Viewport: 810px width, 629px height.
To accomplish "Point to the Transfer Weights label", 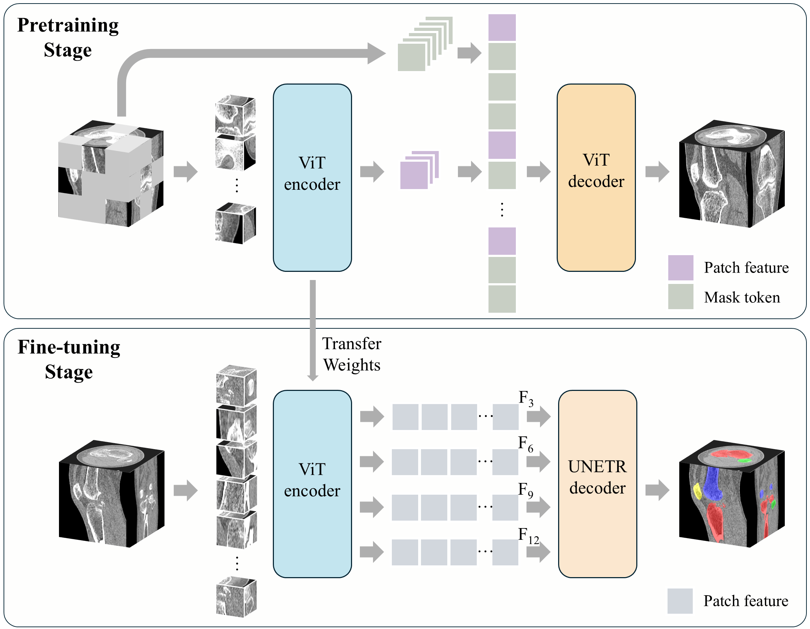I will pyautogui.click(x=351, y=354).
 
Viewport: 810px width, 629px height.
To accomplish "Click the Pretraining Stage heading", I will pyautogui.click(x=68, y=37).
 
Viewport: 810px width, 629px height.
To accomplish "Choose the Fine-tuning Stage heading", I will pyautogui.click(x=69, y=359).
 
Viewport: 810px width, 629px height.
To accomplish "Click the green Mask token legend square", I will pyautogui.click(x=680, y=296).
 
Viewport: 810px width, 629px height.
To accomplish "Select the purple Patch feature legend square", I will pyautogui.click(x=680, y=267).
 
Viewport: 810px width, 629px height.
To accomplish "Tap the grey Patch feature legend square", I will pyautogui.click(x=680, y=601).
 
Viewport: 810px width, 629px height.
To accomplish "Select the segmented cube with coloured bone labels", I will pyautogui.click(x=731, y=494).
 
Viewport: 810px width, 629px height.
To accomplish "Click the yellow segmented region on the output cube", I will pyautogui.click(x=697, y=490).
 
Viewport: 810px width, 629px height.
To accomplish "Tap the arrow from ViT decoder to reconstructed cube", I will pyautogui.click(x=657, y=171).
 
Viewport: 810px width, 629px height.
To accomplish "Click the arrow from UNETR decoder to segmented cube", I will pyautogui.click(x=657, y=490).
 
